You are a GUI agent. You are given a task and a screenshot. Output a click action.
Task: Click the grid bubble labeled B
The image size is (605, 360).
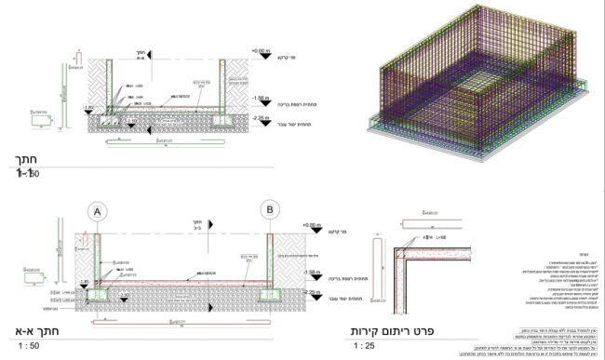click(270, 210)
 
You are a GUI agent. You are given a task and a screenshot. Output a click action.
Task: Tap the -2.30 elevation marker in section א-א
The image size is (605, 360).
click(125, 295)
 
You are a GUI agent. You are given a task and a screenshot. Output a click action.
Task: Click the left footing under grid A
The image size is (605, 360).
click(98, 296)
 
